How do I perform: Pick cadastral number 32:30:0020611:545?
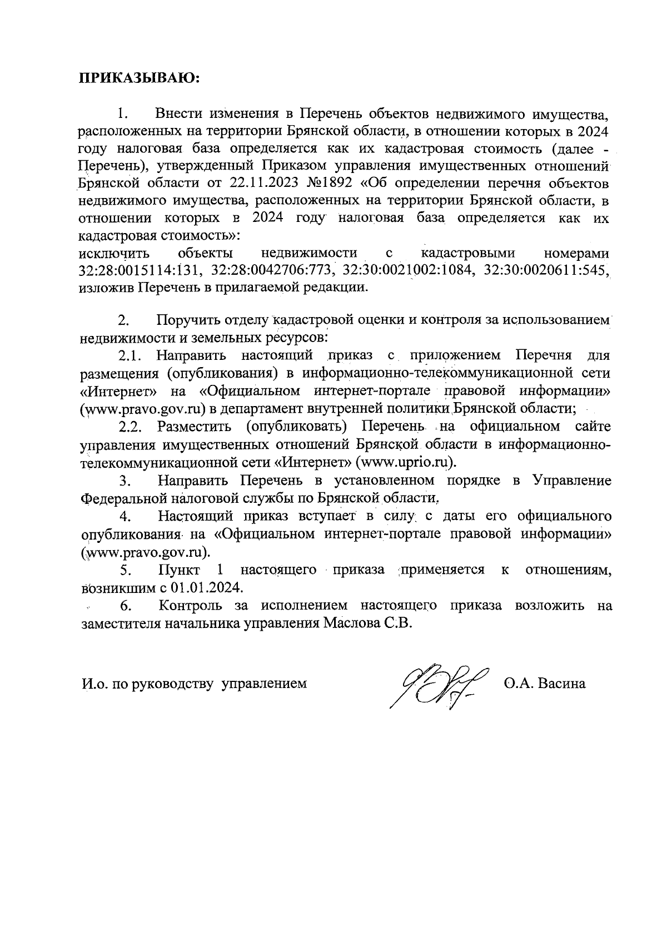[547, 271]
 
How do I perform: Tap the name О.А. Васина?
[545, 683]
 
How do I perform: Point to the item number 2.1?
[131, 355]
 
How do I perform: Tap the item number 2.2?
[131, 427]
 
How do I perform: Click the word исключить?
[115, 254]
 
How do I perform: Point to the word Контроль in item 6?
[191, 606]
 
